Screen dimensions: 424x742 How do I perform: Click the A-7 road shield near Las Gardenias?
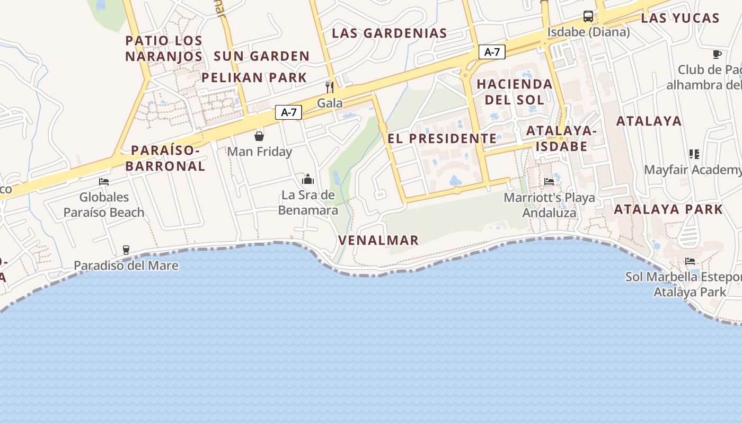point(492,52)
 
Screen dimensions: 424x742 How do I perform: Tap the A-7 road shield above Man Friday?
point(289,112)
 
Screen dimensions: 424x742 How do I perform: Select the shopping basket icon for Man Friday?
point(259,136)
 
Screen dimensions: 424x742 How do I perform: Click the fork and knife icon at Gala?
point(330,87)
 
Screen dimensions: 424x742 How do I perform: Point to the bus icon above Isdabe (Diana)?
point(588,16)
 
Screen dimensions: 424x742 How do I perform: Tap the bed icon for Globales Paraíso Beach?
point(104,182)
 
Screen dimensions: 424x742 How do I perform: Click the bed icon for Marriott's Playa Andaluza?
point(549,182)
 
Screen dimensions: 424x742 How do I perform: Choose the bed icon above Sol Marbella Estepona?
point(690,261)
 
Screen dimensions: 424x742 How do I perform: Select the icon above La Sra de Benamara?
point(308,179)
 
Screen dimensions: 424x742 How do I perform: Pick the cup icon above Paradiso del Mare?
point(126,250)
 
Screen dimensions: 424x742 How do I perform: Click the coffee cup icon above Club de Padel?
point(717,54)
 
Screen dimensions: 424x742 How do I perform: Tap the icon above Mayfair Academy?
point(694,154)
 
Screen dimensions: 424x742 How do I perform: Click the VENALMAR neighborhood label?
point(378,240)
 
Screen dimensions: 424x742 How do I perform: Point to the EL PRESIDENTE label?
point(443,139)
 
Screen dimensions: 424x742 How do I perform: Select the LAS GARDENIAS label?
point(390,33)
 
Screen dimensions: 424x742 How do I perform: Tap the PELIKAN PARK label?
point(254,77)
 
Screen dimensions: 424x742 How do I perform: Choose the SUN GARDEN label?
point(261,56)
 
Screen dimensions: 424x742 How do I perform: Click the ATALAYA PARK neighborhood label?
point(668,209)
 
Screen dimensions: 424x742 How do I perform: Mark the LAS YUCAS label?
point(680,18)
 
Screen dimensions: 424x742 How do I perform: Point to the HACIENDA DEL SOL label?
point(514,92)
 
